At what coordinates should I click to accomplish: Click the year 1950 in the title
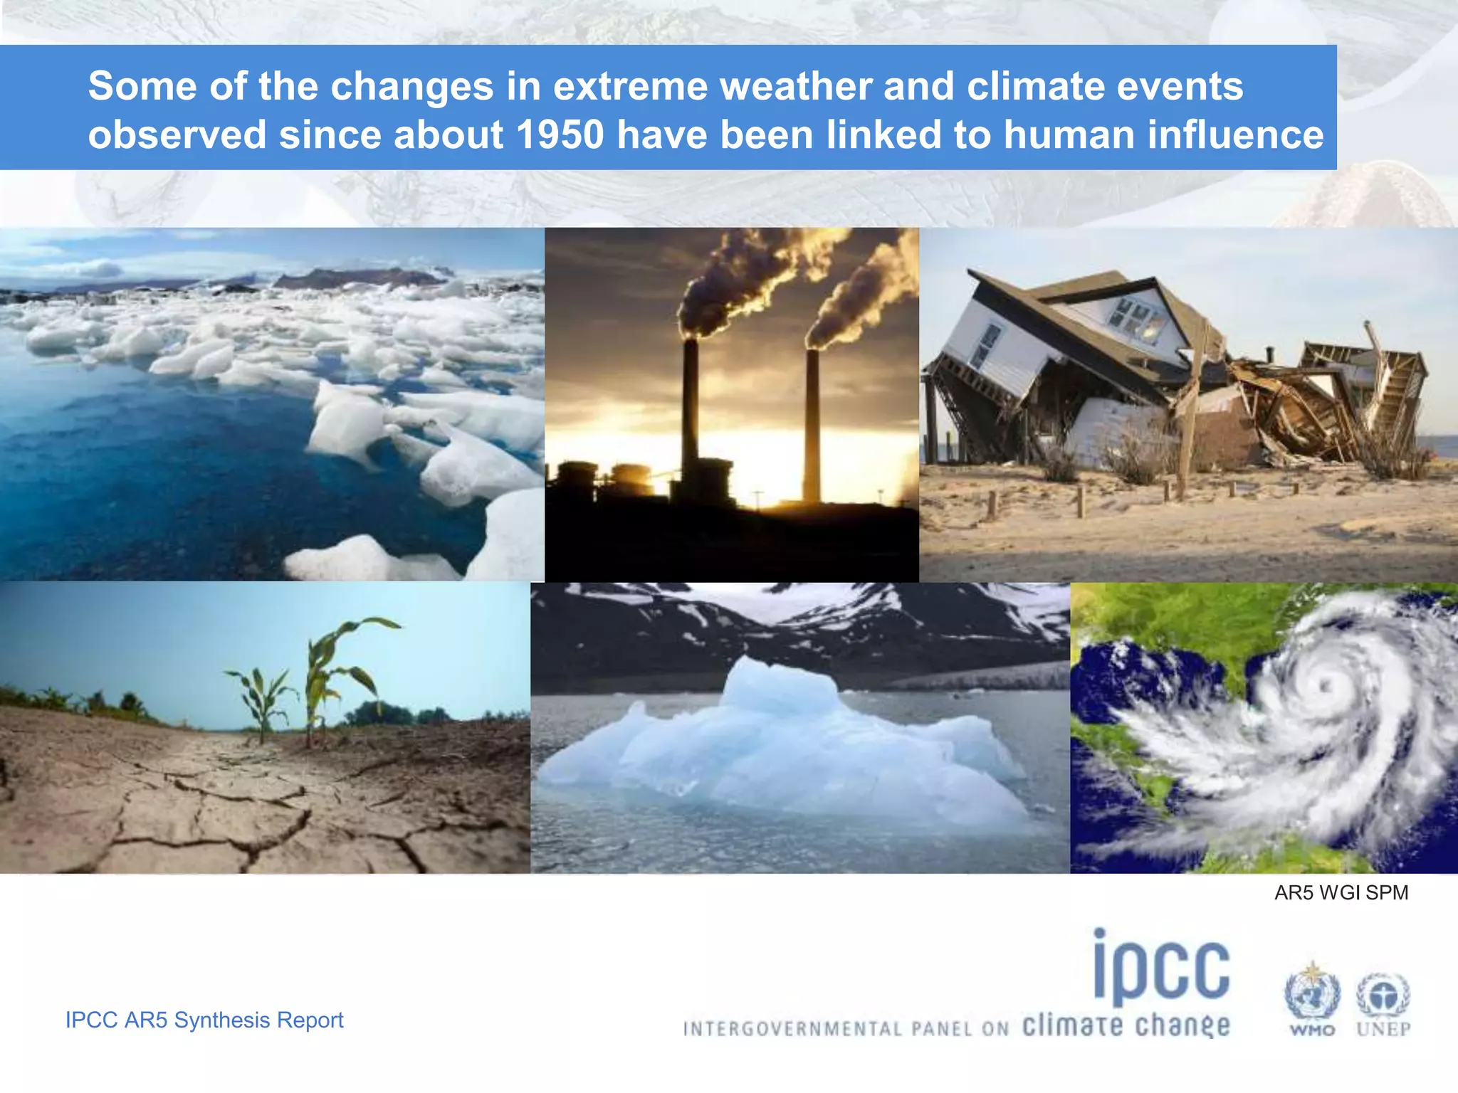coord(560,134)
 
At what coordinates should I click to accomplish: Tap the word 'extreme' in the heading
coord(629,86)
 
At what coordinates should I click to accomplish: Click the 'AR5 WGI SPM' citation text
coord(1341,892)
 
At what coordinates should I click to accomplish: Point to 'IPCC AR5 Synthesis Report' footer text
coord(204,1020)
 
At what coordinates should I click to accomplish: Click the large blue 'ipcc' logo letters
coord(1162,968)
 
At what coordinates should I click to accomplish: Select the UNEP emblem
coord(1383,996)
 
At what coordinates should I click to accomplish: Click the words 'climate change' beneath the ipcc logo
coord(1126,1025)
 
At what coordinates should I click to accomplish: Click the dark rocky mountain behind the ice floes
coord(356,278)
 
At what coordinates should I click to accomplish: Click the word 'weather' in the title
coord(795,86)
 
